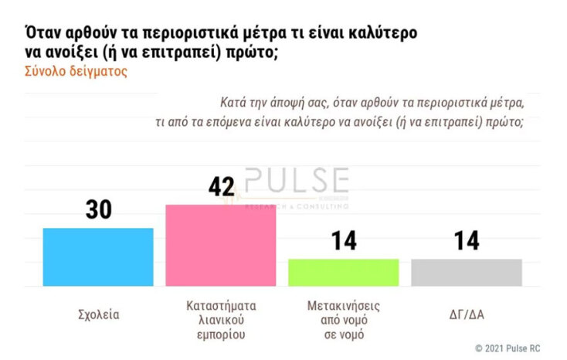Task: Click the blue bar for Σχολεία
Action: pos(98,256)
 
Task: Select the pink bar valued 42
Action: pos(221,245)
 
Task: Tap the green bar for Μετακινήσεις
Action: pos(344,272)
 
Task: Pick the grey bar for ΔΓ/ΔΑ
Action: pos(467,272)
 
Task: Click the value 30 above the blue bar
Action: pos(98,211)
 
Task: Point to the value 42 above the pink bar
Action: pos(221,188)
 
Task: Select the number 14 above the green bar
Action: pos(344,241)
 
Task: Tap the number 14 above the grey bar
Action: pos(467,241)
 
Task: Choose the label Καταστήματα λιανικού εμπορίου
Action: pos(221,320)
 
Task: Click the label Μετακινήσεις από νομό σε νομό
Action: pos(344,320)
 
